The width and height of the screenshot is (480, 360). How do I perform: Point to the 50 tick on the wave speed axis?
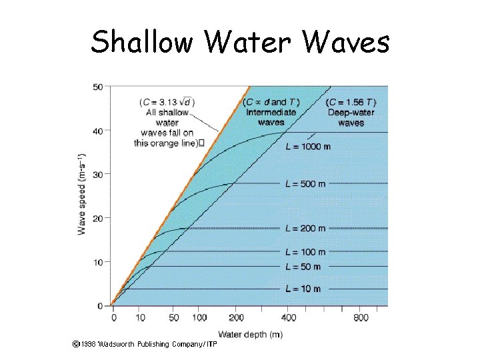click(98, 87)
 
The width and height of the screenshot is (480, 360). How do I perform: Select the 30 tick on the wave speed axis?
click(98, 175)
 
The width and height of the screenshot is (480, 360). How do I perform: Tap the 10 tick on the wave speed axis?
click(98, 262)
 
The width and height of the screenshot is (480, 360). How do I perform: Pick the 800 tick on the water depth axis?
click(360, 318)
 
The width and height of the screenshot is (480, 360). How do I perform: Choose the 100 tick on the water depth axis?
click(199, 318)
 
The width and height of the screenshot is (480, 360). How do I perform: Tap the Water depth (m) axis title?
click(250, 334)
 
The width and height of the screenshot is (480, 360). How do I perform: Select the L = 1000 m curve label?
click(308, 147)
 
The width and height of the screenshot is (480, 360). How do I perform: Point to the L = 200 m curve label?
click(305, 228)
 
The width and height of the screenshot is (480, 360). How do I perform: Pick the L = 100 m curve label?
click(305, 252)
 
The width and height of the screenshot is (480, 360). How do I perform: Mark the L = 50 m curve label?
click(303, 267)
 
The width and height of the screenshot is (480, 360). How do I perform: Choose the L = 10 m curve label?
click(303, 289)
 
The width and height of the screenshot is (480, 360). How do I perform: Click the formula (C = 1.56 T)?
click(351, 102)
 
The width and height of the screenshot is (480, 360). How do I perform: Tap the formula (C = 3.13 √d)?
click(167, 102)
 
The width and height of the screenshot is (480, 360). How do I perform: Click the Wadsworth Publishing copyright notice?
click(145, 345)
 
